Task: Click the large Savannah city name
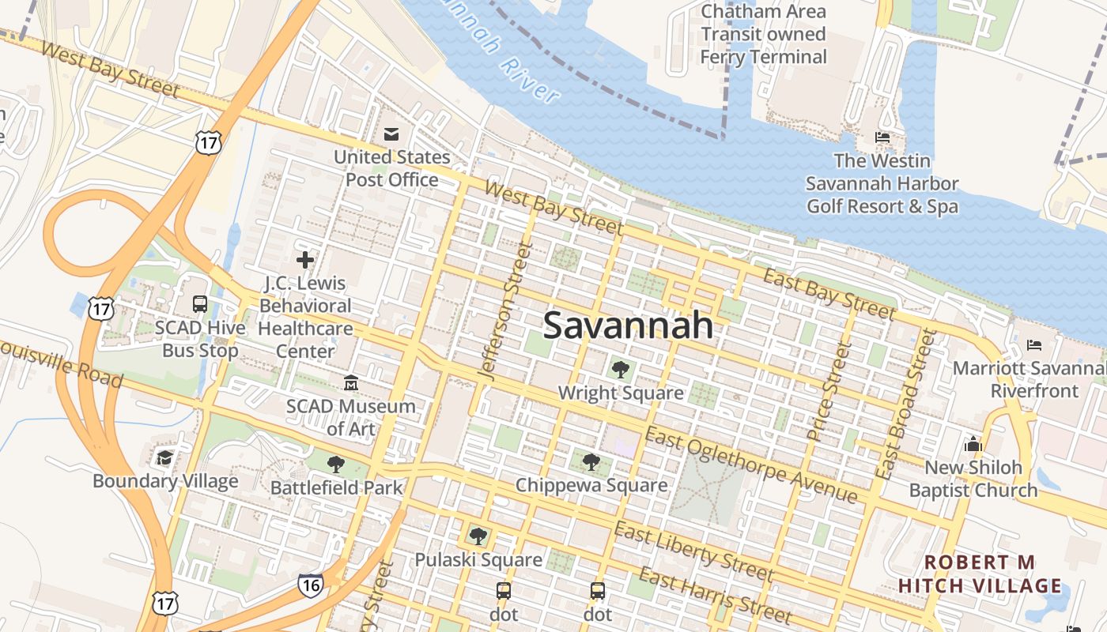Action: pyautogui.click(x=629, y=325)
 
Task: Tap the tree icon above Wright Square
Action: pyautogui.click(x=620, y=368)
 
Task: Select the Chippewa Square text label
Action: pyautogui.click(x=591, y=485)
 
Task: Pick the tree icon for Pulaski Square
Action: pyautogui.click(x=478, y=536)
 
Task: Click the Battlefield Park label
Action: pyautogui.click(x=337, y=487)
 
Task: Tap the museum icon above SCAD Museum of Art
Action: pyautogui.click(x=351, y=383)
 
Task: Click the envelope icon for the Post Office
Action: pyautogui.click(x=391, y=134)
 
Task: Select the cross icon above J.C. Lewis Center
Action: pyautogui.click(x=305, y=259)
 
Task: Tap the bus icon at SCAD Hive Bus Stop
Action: pyautogui.click(x=200, y=304)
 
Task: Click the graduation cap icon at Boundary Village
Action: pyautogui.click(x=164, y=457)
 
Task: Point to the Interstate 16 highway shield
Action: pyautogui.click(x=311, y=585)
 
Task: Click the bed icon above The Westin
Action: pyautogui.click(x=882, y=138)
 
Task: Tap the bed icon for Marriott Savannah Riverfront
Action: pyautogui.click(x=1033, y=345)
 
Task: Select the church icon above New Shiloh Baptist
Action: pyautogui.click(x=973, y=444)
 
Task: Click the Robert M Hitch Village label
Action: pyautogui.click(x=980, y=574)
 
